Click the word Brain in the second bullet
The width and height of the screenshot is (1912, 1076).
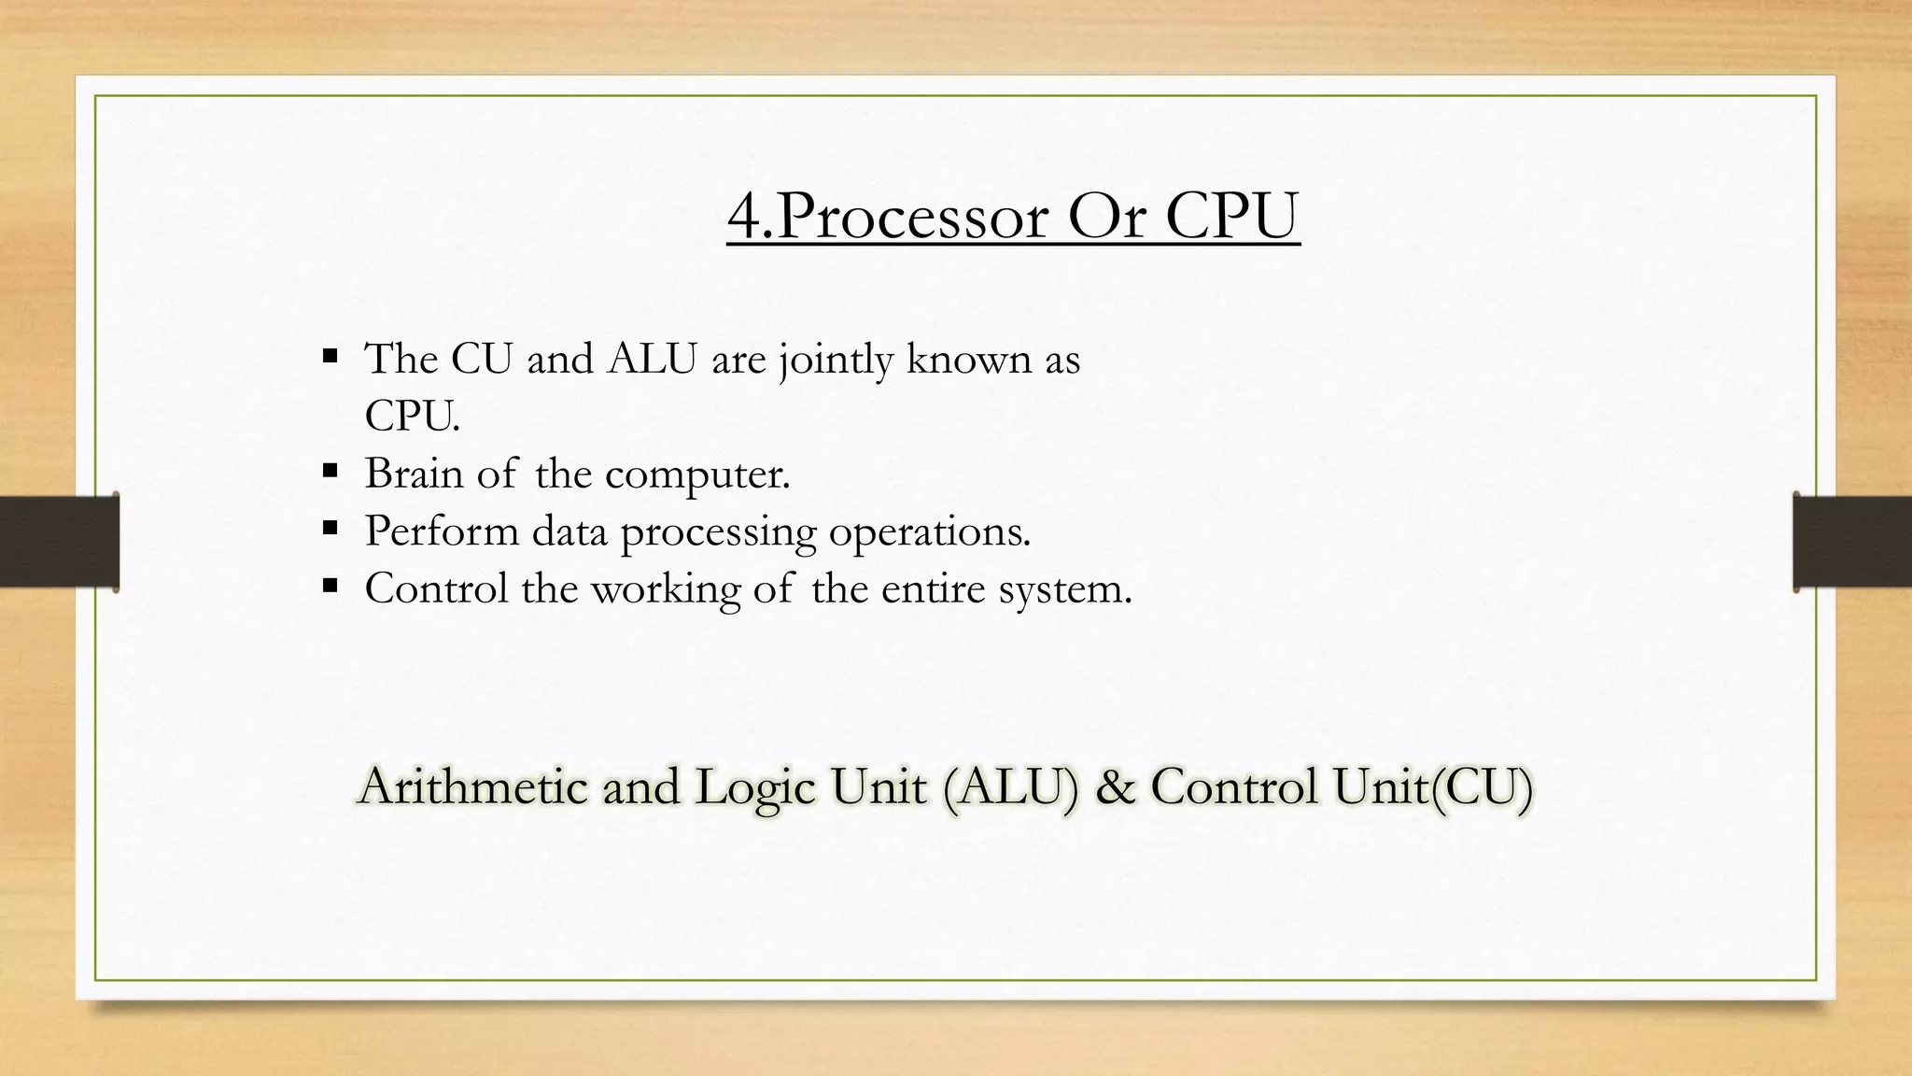[413, 473]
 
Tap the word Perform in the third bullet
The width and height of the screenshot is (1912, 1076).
[441, 531]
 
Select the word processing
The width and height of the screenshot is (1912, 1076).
[718, 532]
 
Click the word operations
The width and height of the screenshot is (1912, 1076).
[929, 532]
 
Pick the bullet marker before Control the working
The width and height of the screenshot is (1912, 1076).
[329, 586]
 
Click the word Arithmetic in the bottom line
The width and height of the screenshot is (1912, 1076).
[471, 786]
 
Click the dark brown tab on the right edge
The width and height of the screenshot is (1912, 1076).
[1852, 542]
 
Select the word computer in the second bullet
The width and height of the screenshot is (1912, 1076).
[696, 474]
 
